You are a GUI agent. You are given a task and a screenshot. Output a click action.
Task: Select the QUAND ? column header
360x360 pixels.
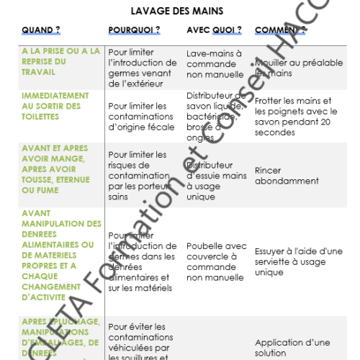tap(41, 31)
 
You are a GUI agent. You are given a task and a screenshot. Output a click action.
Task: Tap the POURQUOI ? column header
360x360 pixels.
tap(134, 31)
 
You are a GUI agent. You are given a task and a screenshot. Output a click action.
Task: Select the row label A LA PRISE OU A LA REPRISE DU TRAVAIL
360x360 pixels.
tap(60, 62)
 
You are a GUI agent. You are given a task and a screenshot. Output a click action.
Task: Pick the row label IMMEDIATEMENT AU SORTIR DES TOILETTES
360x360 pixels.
tap(55, 105)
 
